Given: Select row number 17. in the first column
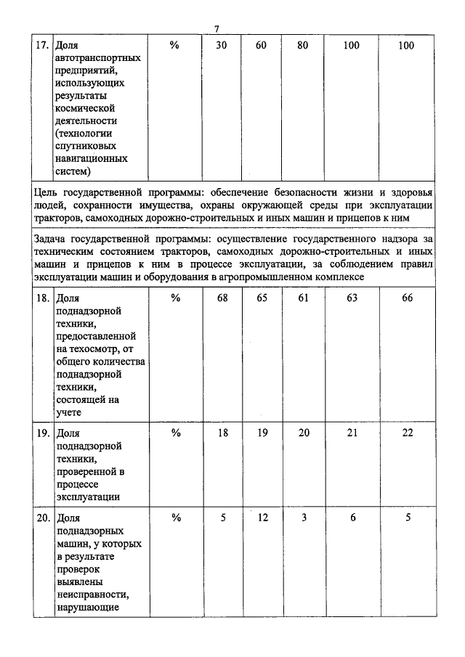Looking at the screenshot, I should coord(43,45).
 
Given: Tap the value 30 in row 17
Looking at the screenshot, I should coord(222,45).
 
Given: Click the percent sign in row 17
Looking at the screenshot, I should coord(174,45).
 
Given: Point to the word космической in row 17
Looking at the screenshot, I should coord(91,107).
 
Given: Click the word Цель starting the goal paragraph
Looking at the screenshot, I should coord(47,192).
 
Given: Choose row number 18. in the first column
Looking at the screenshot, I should coord(43,298).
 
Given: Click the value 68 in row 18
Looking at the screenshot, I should coord(222,298).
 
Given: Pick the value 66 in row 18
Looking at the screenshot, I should coord(407,298).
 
